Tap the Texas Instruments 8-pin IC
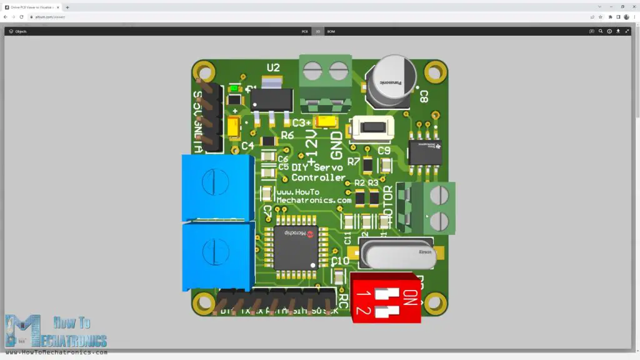point(425,152)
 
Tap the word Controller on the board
point(318,177)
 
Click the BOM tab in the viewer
point(331,31)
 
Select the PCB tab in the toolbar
point(305,31)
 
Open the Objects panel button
point(17,31)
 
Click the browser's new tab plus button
point(67,7)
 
